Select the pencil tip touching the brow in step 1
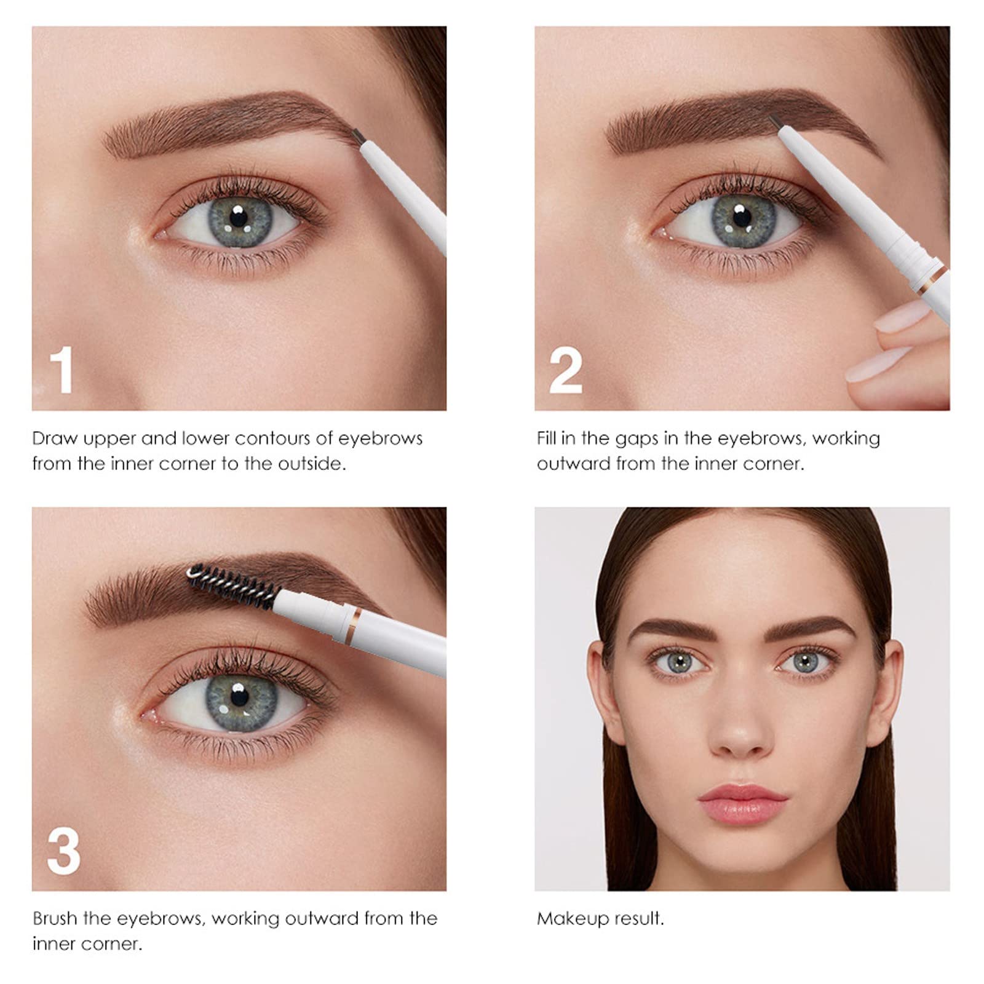pyautogui.click(x=356, y=132)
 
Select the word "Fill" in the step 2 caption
pyautogui.click(x=547, y=438)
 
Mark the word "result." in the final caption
pyautogui.click(x=637, y=919)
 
